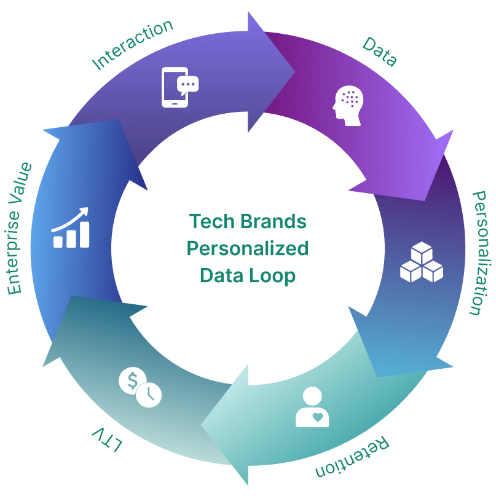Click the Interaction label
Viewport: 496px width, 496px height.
click(x=132, y=44)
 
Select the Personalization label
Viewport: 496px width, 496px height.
click(x=478, y=252)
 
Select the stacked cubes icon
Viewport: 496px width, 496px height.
click(x=422, y=262)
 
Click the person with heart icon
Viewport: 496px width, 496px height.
click(x=312, y=407)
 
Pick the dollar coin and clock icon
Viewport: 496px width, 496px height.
click(x=140, y=387)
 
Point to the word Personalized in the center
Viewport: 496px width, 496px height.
click(x=248, y=249)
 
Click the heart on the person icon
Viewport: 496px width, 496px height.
click(x=317, y=417)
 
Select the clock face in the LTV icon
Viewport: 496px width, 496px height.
click(x=149, y=395)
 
